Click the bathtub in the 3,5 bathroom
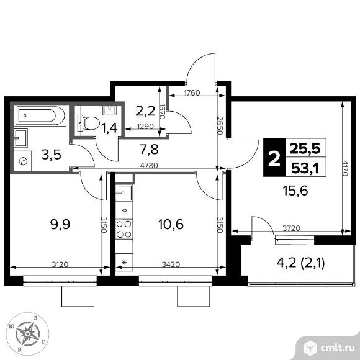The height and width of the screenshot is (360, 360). pyautogui.click(x=40, y=115)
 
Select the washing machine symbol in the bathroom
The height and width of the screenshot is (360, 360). pyautogui.click(x=23, y=161)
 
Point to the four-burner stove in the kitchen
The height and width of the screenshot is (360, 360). pyautogui.click(x=124, y=229)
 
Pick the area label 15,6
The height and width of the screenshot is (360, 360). pyautogui.click(x=295, y=191)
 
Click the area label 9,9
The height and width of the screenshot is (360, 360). pyautogui.click(x=60, y=224)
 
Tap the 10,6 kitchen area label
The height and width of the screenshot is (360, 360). pyautogui.click(x=171, y=224)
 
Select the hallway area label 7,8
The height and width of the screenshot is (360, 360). pyautogui.click(x=149, y=149)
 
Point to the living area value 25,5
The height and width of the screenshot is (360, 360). pyautogui.click(x=305, y=148)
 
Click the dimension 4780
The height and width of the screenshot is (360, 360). pyautogui.click(x=149, y=165)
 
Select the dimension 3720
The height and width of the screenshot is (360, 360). pyautogui.click(x=291, y=228)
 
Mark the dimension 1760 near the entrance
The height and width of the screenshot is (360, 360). pyautogui.click(x=192, y=92)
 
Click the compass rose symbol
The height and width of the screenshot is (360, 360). pyautogui.click(x=28, y=333)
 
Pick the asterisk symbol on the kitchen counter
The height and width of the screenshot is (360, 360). pyautogui.click(x=124, y=262)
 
